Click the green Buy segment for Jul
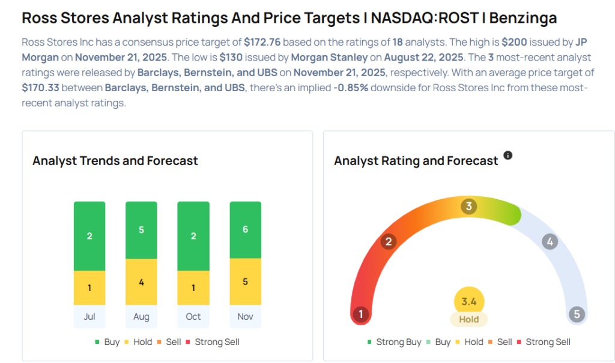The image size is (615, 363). coord(89,236)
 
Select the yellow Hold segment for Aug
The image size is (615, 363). coord(141,281)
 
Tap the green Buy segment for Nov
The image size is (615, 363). coord(245,230)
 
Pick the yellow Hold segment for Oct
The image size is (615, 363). coord(193,287)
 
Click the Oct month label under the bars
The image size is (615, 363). coord(193,316)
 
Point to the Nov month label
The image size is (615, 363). coord(245,316)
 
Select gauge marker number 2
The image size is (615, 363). coord(389,242)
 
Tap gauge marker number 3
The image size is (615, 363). coord(468,207)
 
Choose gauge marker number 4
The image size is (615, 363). coord(549,242)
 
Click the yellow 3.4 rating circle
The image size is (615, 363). coord(468,301)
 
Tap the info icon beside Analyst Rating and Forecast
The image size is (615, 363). coord(508,155)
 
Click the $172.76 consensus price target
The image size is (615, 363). coord(262,43)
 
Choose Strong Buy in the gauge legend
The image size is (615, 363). coord(398,342)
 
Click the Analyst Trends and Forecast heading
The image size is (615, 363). coord(115,161)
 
